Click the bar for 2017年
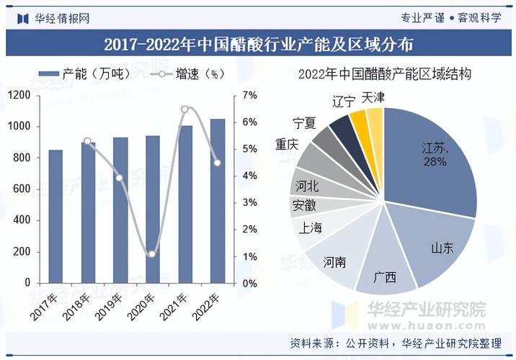click(x=55, y=216)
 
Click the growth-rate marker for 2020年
click(x=152, y=254)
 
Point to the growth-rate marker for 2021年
click(x=184, y=109)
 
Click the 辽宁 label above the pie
click(x=343, y=101)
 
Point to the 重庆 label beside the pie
click(x=287, y=144)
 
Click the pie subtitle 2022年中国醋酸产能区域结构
click(x=384, y=74)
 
